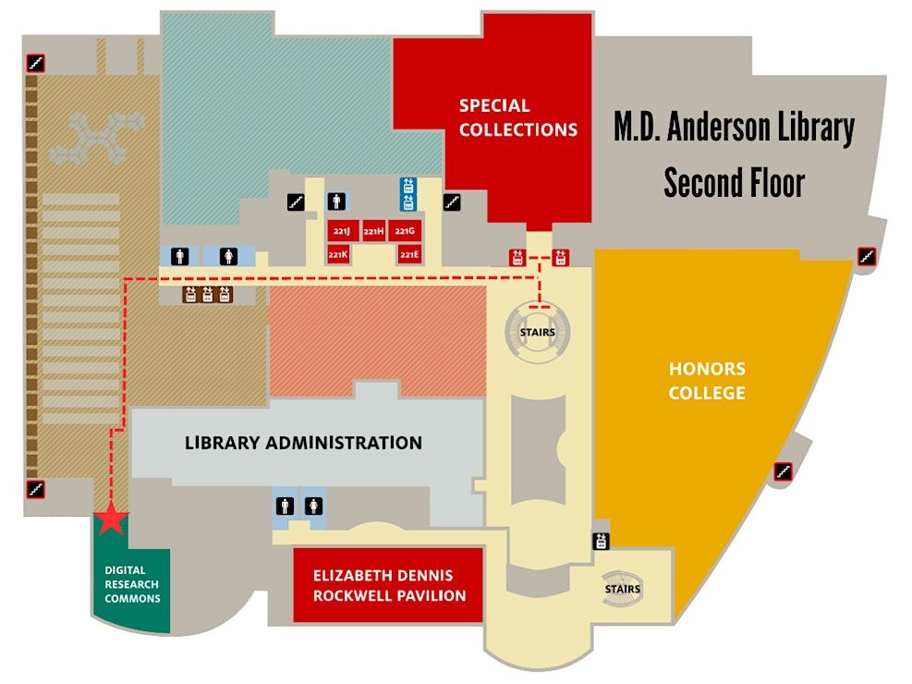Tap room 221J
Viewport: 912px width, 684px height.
tap(343, 231)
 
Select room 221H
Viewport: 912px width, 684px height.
tap(374, 231)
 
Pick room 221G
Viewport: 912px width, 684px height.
tap(405, 231)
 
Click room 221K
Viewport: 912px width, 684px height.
tap(338, 254)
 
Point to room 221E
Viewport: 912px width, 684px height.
tap(409, 254)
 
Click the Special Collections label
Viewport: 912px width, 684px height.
tap(518, 117)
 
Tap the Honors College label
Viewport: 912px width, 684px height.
tap(707, 381)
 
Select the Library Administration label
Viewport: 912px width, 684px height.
tap(303, 443)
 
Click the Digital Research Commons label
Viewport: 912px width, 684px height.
tap(132, 584)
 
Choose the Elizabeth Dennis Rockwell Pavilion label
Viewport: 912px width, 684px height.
tap(390, 585)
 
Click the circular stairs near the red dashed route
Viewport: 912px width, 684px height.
tap(538, 332)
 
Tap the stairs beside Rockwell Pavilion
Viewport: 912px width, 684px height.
tap(622, 589)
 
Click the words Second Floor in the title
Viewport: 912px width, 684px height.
tap(734, 183)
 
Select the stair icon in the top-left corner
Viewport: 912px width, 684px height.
tap(35, 63)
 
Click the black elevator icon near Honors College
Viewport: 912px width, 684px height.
tap(602, 542)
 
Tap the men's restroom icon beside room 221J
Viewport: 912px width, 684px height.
tap(336, 202)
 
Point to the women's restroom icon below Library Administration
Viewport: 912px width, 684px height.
tap(313, 506)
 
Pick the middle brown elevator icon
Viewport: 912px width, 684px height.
tap(208, 295)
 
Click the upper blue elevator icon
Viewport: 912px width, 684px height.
tap(408, 186)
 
